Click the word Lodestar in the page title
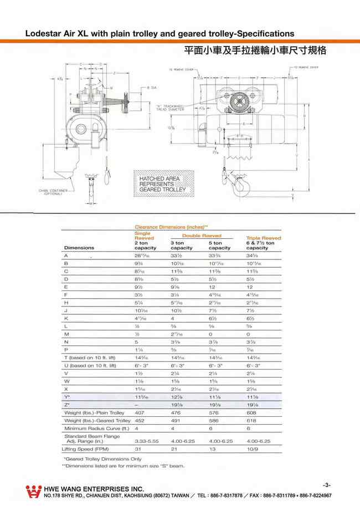[x=45, y=34]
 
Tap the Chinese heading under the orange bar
[x=255, y=50]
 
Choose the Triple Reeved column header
[x=263, y=238]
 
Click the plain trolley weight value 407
[x=140, y=413]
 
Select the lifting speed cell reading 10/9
[x=252, y=448]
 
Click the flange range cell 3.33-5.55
[x=147, y=440]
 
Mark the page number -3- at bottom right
[x=326, y=484]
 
